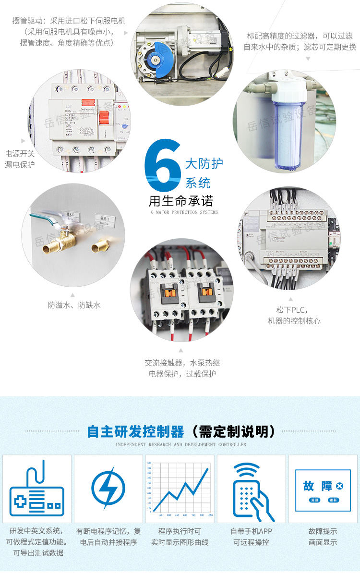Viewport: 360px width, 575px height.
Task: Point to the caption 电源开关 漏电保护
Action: tap(20, 159)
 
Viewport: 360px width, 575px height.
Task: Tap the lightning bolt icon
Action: tap(108, 488)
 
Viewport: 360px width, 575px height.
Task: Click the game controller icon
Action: tap(37, 489)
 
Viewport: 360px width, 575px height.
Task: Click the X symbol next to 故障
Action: tap(340, 486)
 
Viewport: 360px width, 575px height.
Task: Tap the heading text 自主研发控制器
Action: tap(135, 431)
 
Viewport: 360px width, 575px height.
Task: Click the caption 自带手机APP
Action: tap(251, 531)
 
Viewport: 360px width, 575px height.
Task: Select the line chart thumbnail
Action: tap(180, 489)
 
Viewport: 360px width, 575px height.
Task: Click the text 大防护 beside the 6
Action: tap(204, 163)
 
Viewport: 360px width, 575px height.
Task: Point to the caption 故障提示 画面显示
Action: tap(323, 537)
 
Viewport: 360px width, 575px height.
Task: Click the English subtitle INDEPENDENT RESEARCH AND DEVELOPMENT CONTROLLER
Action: tap(180, 444)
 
